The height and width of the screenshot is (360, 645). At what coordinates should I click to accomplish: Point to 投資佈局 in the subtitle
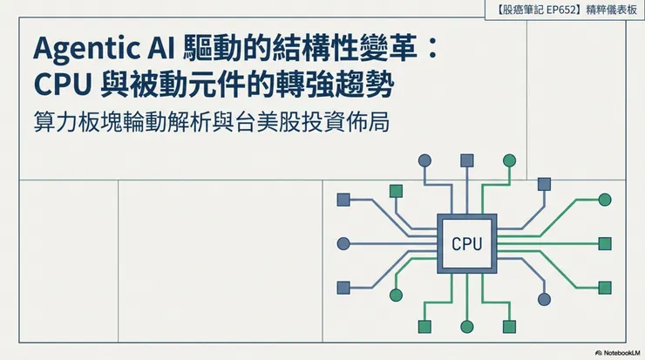(x=352, y=122)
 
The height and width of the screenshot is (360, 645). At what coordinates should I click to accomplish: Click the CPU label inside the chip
(x=467, y=243)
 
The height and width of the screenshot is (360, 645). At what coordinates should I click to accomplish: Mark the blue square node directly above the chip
(x=467, y=160)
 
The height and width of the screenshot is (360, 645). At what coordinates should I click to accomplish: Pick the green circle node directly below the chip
(x=467, y=326)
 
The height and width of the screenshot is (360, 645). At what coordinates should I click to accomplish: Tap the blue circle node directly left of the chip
(x=343, y=243)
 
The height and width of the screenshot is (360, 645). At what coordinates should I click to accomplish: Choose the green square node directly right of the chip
(x=604, y=243)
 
